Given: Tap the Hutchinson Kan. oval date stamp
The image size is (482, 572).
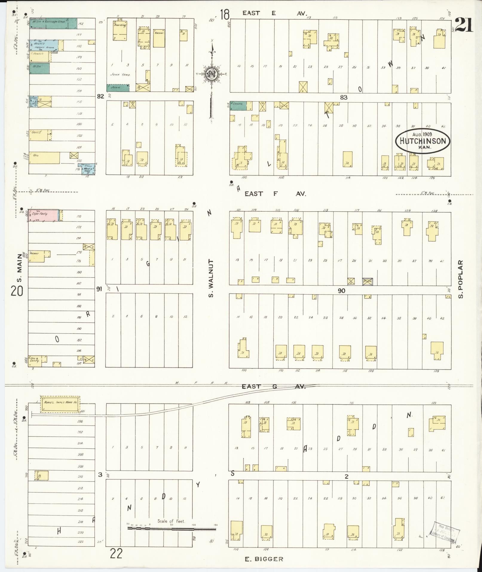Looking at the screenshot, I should [x=422, y=141].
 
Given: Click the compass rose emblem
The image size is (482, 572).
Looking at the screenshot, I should [x=212, y=73].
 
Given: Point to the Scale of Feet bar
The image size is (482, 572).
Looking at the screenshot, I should [x=172, y=529].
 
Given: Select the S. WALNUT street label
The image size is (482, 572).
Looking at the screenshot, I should [x=211, y=278].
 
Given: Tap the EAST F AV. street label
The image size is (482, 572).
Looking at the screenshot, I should [x=275, y=194].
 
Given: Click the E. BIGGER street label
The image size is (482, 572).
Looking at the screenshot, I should [x=264, y=559].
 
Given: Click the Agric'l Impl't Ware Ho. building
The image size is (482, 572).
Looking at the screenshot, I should [x=60, y=402].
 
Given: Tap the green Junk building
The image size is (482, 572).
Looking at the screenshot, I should [x=118, y=88].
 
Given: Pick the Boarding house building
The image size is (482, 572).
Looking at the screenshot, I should [x=120, y=30].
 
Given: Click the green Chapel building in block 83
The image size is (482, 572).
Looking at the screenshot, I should [x=238, y=106].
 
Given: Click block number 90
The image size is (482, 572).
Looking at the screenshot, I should [x=341, y=290].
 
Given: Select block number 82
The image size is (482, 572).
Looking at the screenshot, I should [x=100, y=97].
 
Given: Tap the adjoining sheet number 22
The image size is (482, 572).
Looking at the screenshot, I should [x=116, y=554].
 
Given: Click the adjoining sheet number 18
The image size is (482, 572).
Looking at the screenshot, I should [x=225, y=14].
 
